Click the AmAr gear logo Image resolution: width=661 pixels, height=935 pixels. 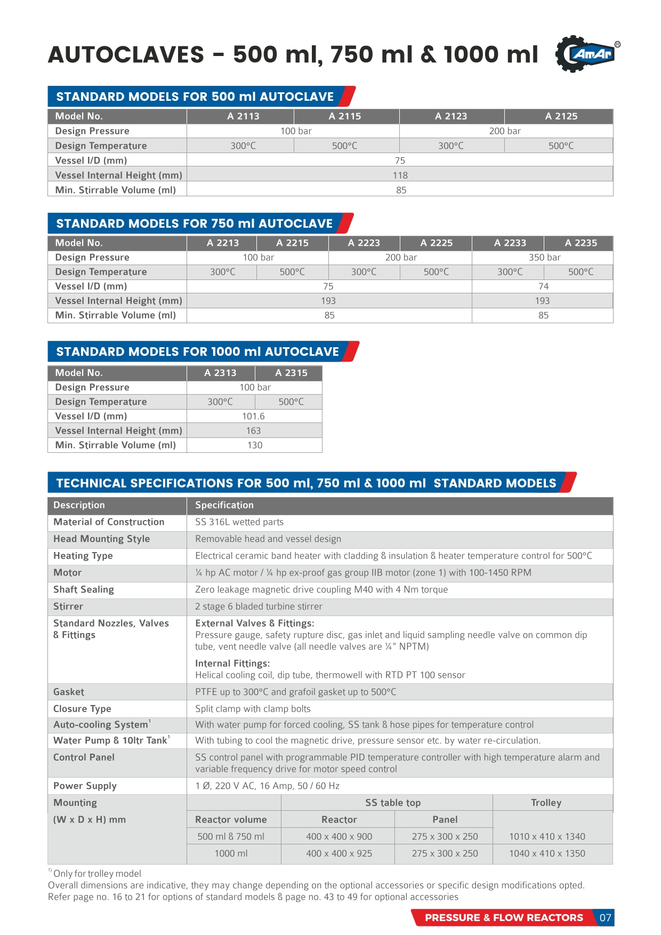(x=586, y=53)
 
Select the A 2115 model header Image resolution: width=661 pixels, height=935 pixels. (x=345, y=116)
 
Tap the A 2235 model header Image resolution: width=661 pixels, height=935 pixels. (x=581, y=243)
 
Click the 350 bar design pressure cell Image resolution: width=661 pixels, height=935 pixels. (x=544, y=258)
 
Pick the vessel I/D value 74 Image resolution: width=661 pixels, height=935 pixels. (x=543, y=286)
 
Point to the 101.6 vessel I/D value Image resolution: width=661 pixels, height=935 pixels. (x=253, y=416)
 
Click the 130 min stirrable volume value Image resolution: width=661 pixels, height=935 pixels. (x=255, y=445)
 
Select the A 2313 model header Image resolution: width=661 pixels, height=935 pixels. (x=220, y=373)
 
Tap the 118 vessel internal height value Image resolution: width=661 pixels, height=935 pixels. (x=400, y=175)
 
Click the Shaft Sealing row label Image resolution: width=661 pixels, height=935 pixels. (x=84, y=589)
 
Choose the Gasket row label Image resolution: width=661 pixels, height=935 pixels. (x=69, y=692)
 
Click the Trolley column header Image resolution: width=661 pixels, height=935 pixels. (x=546, y=803)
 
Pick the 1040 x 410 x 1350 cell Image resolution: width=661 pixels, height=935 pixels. (x=547, y=853)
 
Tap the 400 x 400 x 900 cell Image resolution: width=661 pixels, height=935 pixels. (x=339, y=836)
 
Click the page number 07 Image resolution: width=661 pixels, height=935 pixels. (x=605, y=917)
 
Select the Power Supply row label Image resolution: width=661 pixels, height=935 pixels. (x=85, y=786)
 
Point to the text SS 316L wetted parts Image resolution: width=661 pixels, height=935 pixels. (x=239, y=522)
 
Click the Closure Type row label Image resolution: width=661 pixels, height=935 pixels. (x=82, y=709)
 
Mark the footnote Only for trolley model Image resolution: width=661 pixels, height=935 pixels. (x=97, y=874)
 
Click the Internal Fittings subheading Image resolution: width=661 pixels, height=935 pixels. (x=232, y=664)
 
